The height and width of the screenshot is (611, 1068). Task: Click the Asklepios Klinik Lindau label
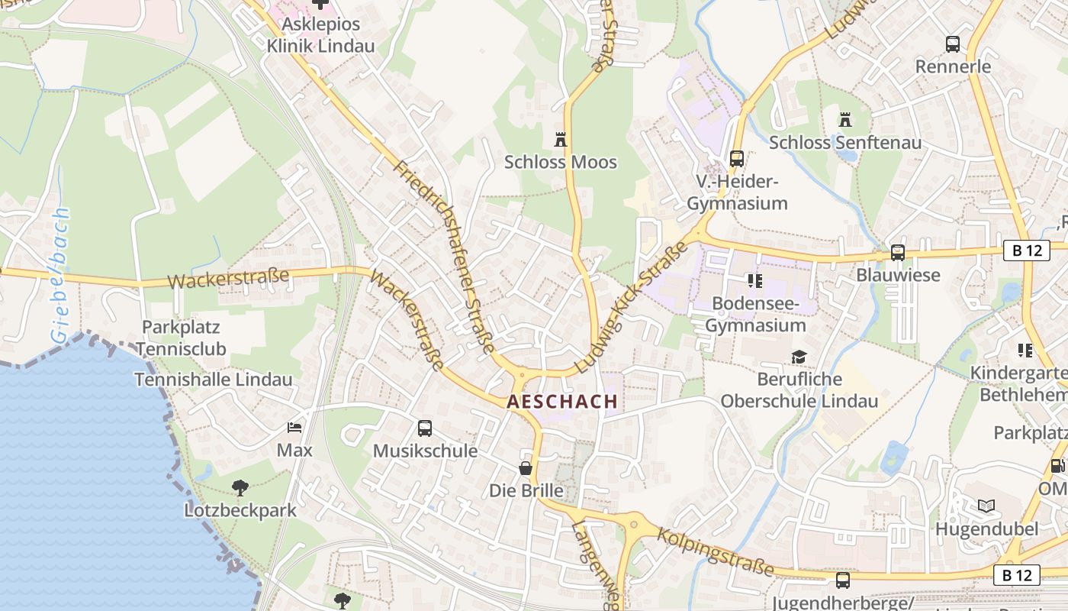point(320,35)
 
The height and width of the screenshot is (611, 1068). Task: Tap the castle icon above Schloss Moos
point(561,139)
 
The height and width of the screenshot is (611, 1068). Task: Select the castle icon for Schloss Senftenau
point(844,120)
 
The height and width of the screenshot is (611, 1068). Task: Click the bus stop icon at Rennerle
point(953,44)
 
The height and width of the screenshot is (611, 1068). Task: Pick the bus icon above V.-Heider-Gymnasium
point(736,158)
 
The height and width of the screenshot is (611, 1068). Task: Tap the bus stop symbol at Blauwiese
point(898,252)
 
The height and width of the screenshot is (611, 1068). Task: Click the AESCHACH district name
point(562,402)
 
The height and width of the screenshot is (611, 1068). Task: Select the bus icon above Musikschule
point(425,428)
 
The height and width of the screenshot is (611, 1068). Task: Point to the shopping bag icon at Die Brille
point(526,467)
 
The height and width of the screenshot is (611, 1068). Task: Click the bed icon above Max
point(294,428)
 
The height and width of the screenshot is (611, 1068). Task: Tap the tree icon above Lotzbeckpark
point(240,487)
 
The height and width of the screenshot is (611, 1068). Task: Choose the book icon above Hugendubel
point(986,506)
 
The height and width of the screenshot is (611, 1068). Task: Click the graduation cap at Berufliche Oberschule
point(799,357)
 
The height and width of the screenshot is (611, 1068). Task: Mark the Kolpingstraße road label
point(715,552)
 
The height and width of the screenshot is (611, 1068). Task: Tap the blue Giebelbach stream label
point(60,275)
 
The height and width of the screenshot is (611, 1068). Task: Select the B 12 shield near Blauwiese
point(1026,250)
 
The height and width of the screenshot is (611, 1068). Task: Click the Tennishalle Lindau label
point(214,380)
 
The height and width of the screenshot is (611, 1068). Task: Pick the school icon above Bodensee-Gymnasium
point(754,281)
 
